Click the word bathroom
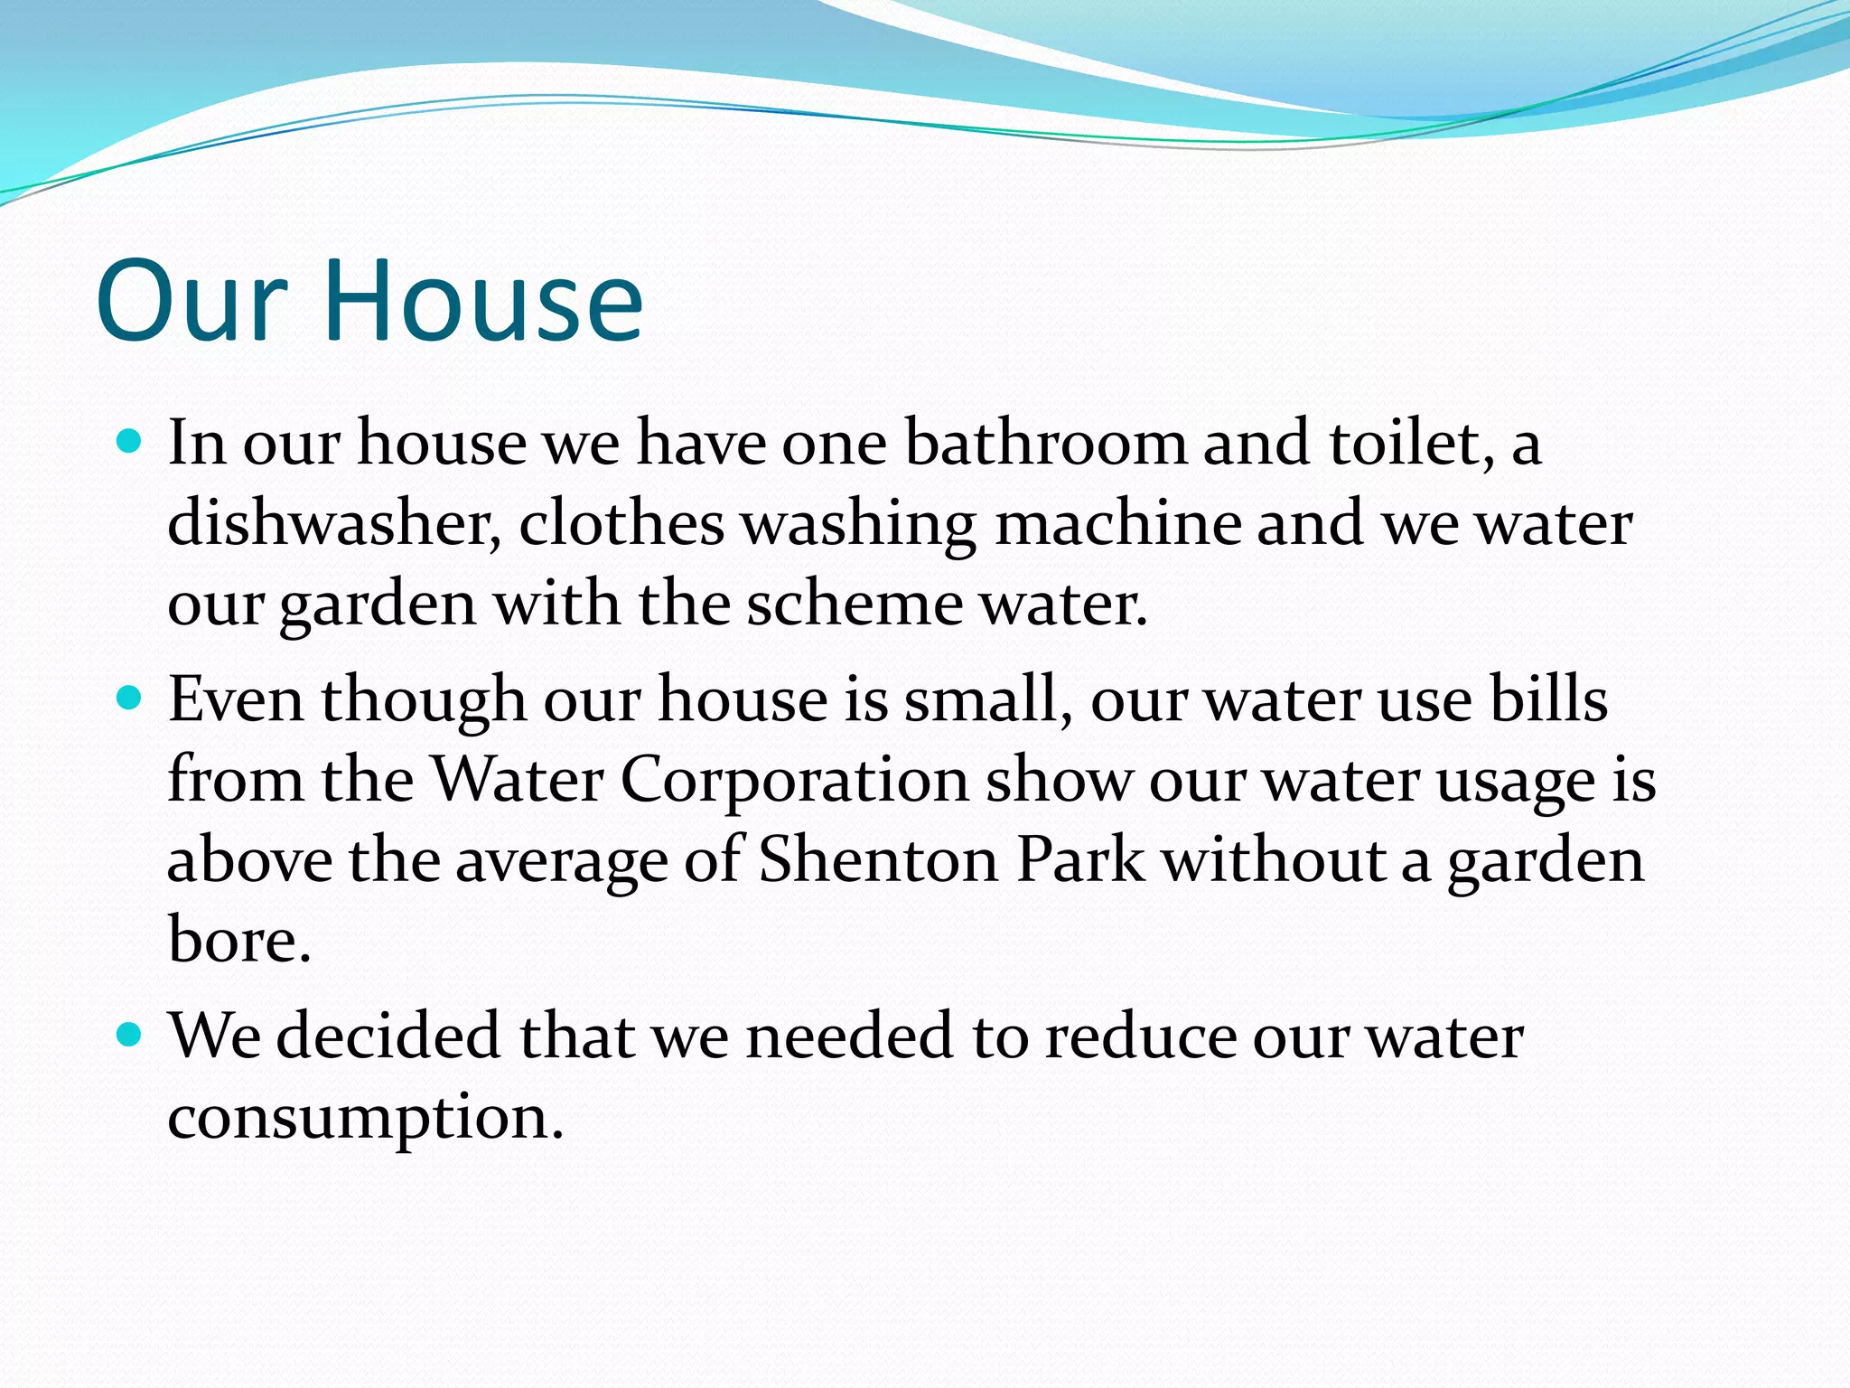pos(1046,443)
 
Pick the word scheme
pos(855,604)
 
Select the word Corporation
pos(794,779)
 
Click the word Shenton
pos(879,859)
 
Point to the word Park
pos(1080,859)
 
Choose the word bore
pos(239,940)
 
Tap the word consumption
pos(365,1117)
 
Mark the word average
pos(561,861)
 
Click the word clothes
pos(621,523)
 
